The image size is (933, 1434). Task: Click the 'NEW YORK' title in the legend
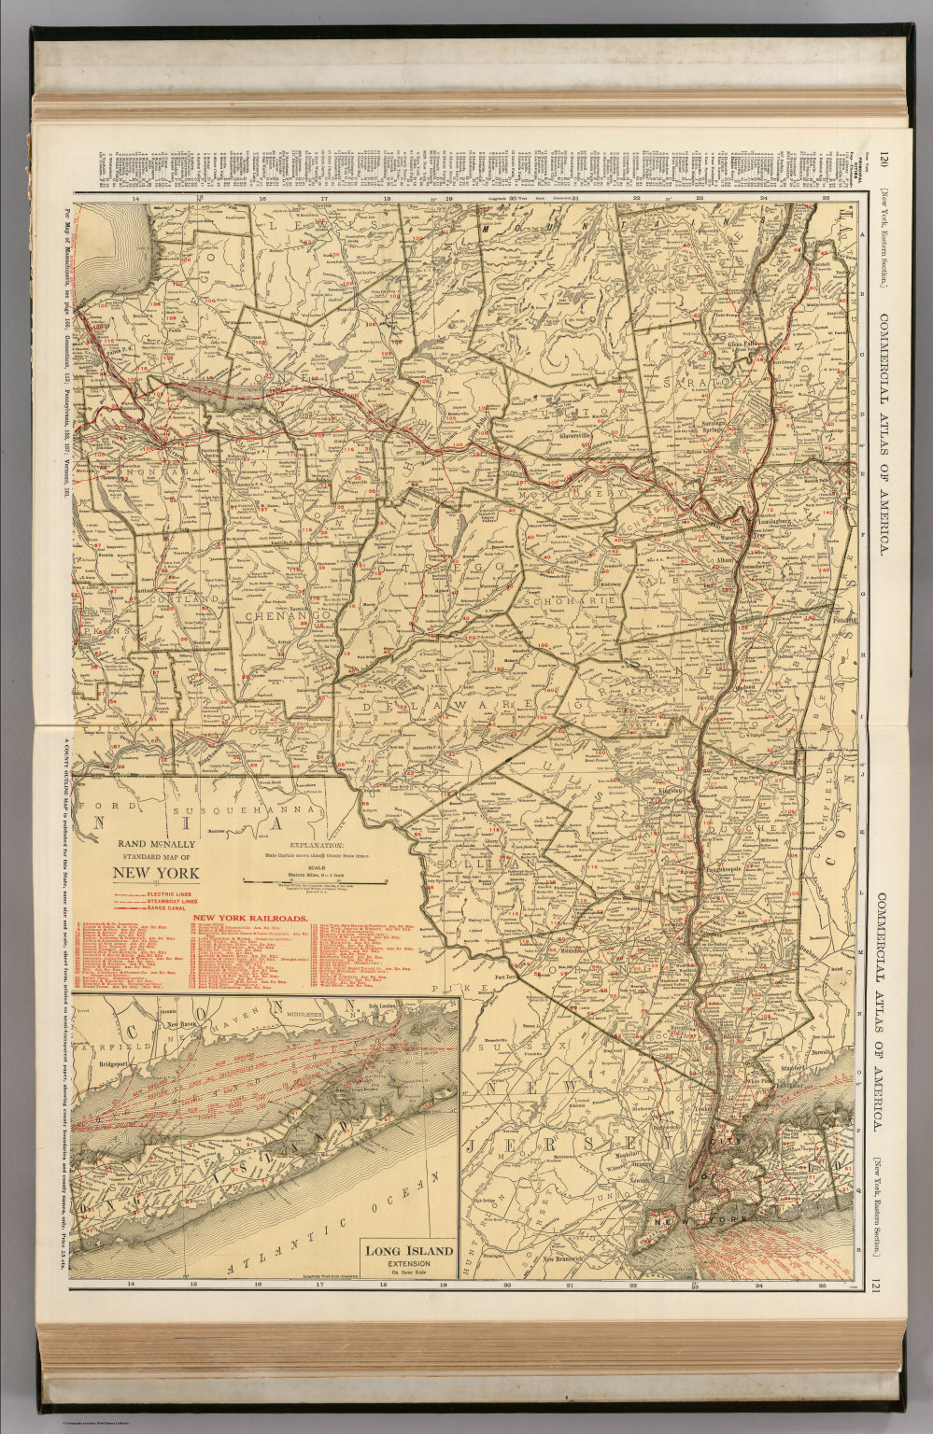[x=156, y=874]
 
